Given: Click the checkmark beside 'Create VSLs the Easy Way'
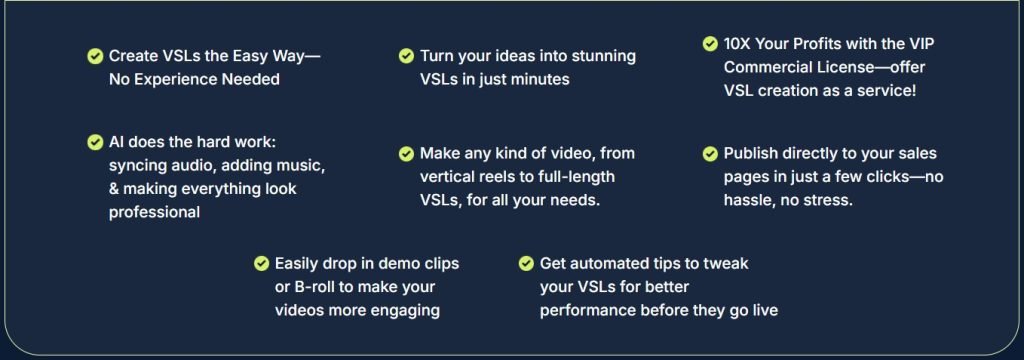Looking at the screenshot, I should [x=95, y=56].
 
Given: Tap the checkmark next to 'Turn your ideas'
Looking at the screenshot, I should [x=406, y=56].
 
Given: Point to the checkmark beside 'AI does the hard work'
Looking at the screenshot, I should [x=95, y=142].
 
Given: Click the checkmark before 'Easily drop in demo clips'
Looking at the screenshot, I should [x=262, y=264].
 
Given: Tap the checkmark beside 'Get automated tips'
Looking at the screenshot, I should [x=526, y=264].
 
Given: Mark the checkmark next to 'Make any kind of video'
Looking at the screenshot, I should [x=406, y=154].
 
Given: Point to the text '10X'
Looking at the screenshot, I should [x=742, y=44].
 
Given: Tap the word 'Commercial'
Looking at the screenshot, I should [x=763, y=67].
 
